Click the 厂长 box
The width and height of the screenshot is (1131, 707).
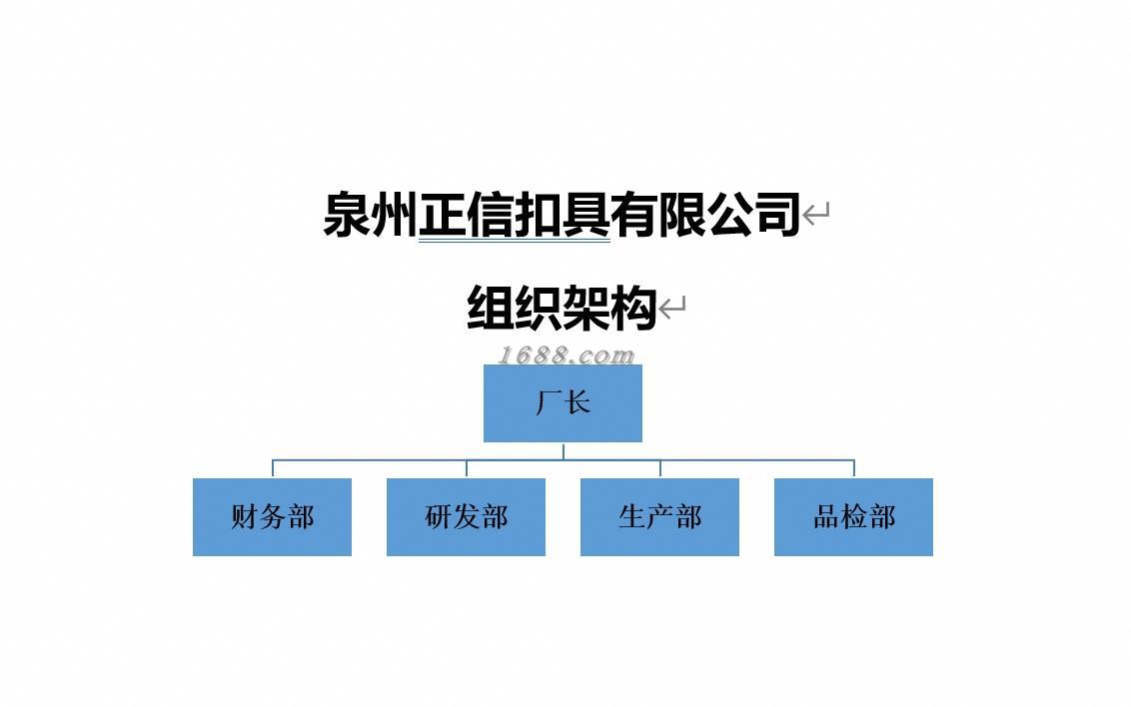coord(563,402)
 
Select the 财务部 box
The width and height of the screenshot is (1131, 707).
coord(272,516)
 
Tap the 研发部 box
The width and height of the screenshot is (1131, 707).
coord(466,516)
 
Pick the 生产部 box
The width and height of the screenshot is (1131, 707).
coord(659,516)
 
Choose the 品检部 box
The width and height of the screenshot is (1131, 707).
coord(853,516)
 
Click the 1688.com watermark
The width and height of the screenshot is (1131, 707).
coord(565,354)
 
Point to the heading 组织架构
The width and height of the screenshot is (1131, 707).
coord(562,308)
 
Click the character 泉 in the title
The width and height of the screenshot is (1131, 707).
coord(347,214)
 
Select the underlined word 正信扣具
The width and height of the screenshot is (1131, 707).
coord(514,214)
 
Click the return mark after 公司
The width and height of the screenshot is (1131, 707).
coord(816,214)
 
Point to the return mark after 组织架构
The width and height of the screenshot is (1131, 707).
coord(672,308)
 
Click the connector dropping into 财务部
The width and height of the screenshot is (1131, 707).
coord(273,468)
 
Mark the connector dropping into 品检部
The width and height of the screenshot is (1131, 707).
coord(854,468)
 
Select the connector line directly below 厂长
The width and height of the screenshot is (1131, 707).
coord(564,450)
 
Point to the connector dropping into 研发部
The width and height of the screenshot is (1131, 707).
coord(467,468)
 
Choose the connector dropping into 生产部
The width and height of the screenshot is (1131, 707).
coord(660,468)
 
